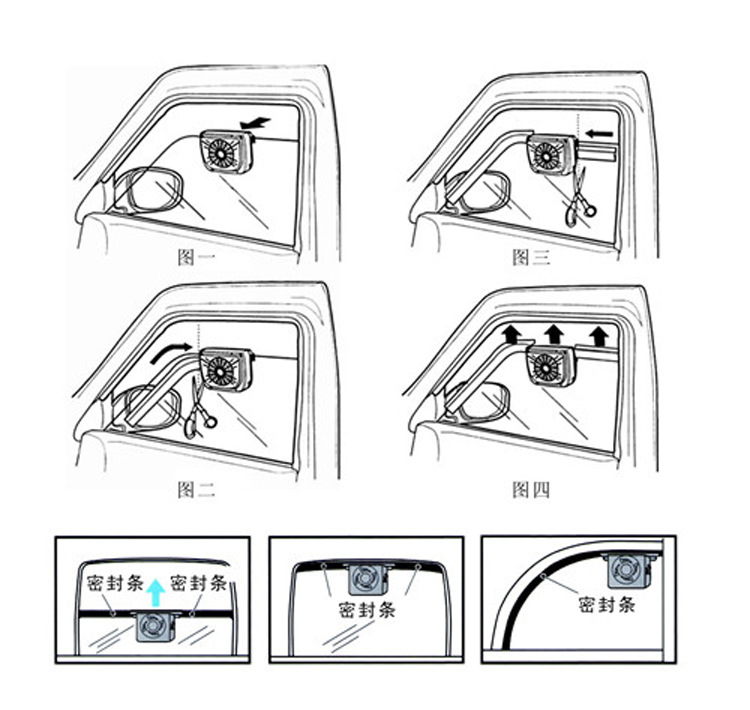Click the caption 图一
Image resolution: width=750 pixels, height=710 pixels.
pos(197,258)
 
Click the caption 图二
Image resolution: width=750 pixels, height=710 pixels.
pos(197,489)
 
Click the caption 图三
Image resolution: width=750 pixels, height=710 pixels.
pos(531,258)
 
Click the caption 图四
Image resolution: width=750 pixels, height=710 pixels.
pos(531,489)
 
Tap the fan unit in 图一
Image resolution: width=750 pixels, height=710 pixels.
pos(226,152)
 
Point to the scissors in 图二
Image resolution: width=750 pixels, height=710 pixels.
pos(198,408)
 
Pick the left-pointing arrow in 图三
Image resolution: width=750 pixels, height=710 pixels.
pos(600,133)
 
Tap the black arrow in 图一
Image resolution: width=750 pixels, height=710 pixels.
pos(255,123)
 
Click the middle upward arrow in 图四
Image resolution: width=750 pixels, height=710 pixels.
pos(554,334)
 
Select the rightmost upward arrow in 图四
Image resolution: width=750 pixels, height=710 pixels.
pos(599,336)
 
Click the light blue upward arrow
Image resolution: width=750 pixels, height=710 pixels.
pos(155,592)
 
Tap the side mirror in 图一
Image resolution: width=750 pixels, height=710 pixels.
pos(149,189)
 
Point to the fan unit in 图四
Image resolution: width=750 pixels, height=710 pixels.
pos(551,366)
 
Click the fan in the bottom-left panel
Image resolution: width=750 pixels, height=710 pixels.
pos(155,627)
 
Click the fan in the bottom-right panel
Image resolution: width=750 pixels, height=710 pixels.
pos(629,571)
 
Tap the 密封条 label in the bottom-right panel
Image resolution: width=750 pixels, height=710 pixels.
pos(607,605)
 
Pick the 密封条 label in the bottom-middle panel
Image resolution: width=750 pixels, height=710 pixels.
pos(367,610)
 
